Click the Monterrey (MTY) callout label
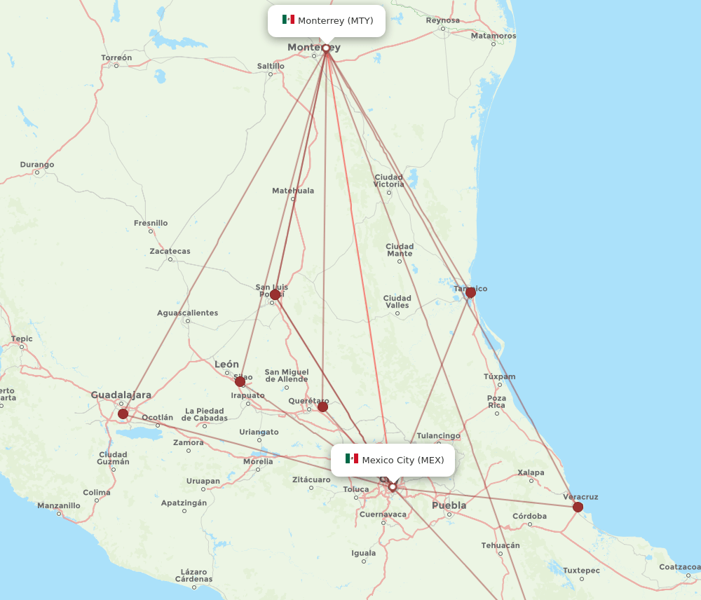pyautogui.click(x=327, y=21)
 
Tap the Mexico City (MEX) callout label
pyautogui.click(x=393, y=460)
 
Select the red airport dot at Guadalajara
pyautogui.click(x=123, y=414)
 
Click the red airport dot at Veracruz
pyautogui.click(x=578, y=507)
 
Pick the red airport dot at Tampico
pyautogui.click(x=470, y=292)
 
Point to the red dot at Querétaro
pyautogui.click(x=322, y=407)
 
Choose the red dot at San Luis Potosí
pyautogui.click(x=275, y=294)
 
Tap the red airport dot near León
pyautogui.click(x=240, y=381)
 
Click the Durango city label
pyautogui.click(x=37, y=165)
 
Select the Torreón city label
pyautogui.click(x=116, y=57)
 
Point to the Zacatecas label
pyautogui.click(x=170, y=251)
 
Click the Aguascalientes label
pyautogui.click(x=187, y=313)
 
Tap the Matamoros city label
pyautogui.click(x=494, y=36)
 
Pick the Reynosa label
pyautogui.click(x=443, y=20)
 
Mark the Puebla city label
pyautogui.click(x=449, y=505)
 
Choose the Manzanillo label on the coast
pyautogui.click(x=59, y=505)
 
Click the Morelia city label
pyautogui.click(x=258, y=461)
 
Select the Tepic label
pyautogui.click(x=22, y=339)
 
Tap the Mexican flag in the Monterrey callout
pyautogui.click(x=288, y=20)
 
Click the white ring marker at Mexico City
pyautogui.click(x=393, y=486)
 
